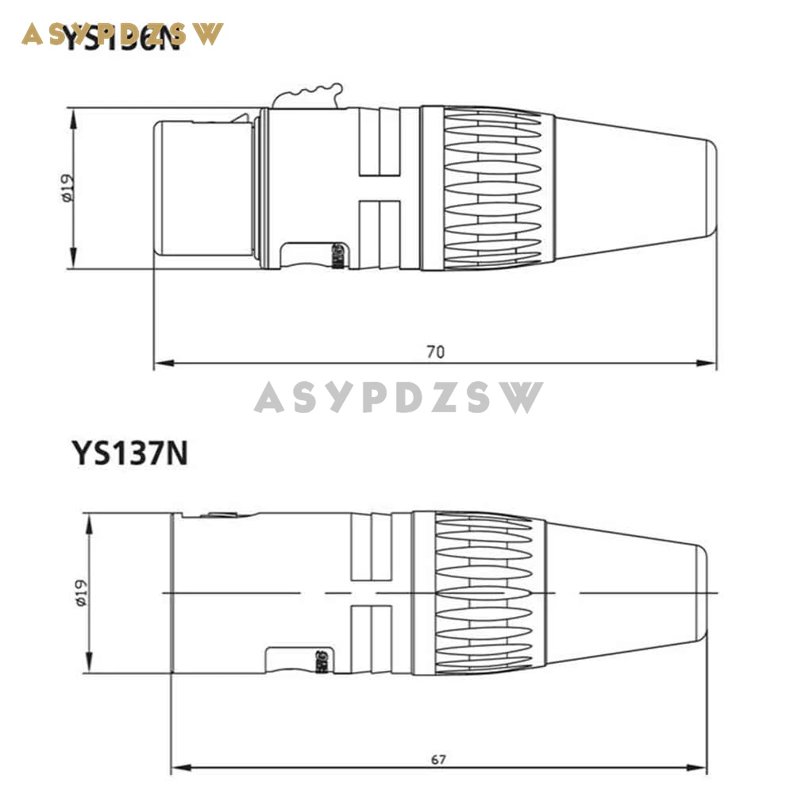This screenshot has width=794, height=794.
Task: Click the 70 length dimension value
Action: pos(435,352)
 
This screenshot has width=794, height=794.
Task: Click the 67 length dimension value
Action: pos(438,759)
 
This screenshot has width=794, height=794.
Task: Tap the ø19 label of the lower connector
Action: pos(83,593)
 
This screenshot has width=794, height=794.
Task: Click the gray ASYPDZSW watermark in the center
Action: pos(399,397)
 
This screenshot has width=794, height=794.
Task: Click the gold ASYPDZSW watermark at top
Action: pos(123,34)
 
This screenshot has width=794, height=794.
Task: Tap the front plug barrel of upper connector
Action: pos(202,188)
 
